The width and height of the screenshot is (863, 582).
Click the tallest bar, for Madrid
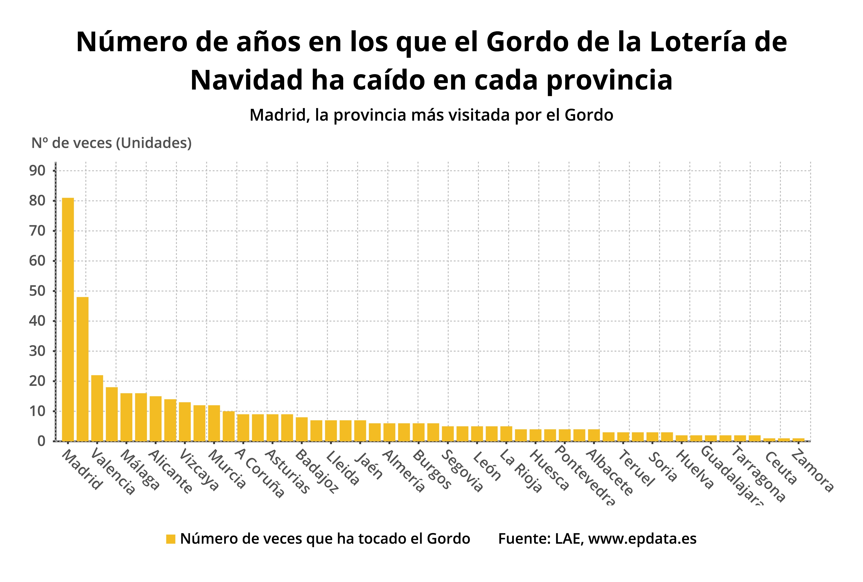pos(68,319)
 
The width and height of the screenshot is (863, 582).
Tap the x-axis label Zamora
pos(812,471)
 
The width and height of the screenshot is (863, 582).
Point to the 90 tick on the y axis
pos(37,171)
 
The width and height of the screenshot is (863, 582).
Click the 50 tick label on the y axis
pos(37,291)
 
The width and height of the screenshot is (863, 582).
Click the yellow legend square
pos(171,539)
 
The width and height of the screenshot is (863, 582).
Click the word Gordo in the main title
pos(527,42)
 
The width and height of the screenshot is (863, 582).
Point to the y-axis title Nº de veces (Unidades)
pos(111,143)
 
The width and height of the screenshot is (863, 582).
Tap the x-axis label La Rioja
pos(521,471)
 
